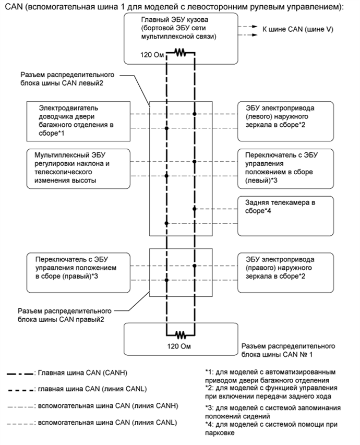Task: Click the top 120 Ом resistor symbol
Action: coord(180,53)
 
